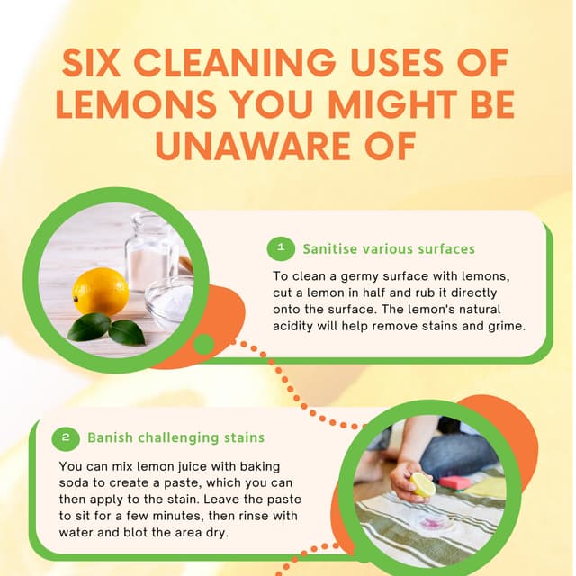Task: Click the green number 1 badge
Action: (x=282, y=247)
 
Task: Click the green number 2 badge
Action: (x=66, y=438)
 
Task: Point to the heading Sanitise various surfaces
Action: (x=389, y=248)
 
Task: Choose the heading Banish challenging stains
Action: (x=175, y=438)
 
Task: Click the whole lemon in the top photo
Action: (x=100, y=291)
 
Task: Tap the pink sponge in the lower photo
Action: (x=454, y=482)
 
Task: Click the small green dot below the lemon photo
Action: (x=204, y=344)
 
